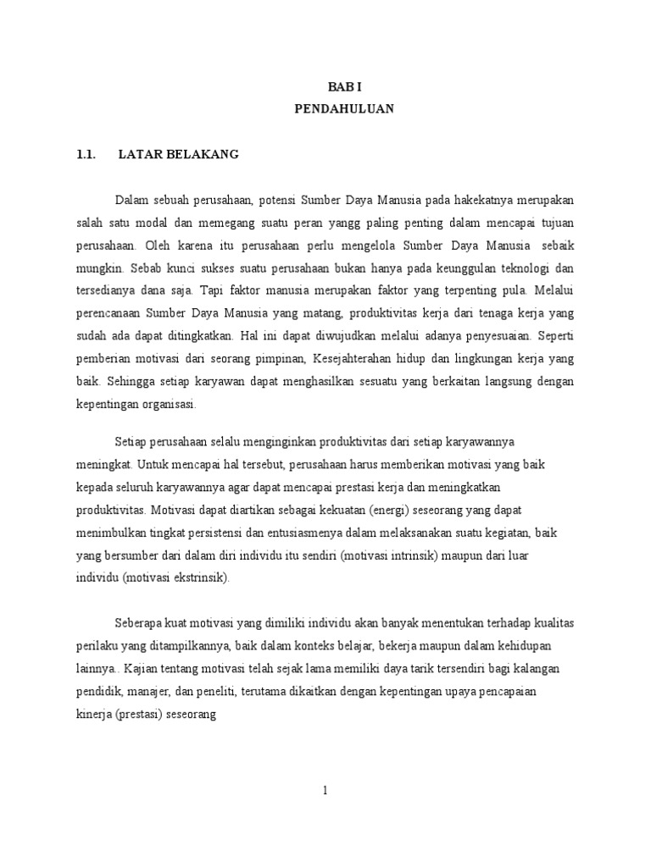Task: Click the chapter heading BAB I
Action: [344, 87]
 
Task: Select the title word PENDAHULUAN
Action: [344, 109]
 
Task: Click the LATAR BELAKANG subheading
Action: [179, 154]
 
